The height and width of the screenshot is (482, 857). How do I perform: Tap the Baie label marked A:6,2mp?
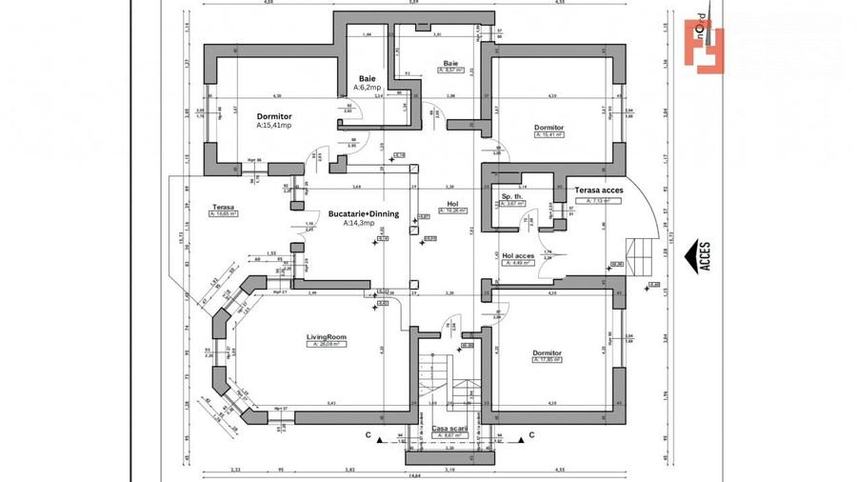pyautogui.click(x=367, y=79)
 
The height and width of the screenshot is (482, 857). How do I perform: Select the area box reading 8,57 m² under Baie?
pyautogui.click(x=450, y=70)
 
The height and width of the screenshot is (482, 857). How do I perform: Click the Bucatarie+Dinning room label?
pyautogui.click(x=364, y=214)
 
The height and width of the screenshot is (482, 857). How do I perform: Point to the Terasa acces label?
pyautogui.click(x=598, y=191)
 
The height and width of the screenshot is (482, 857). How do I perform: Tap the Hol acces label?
pyautogui.click(x=517, y=255)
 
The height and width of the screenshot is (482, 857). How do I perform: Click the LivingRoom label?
pyautogui.click(x=326, y=337)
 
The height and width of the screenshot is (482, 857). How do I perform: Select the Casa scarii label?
pyautogui.click(x=450, y=428)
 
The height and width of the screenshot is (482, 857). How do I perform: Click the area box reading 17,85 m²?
pyautogui.click(x=548, y=360)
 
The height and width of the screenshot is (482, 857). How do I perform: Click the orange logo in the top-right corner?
pyautogui.click(x=704, y=45)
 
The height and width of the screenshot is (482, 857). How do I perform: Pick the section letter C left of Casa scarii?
pyautogui.click(x=368, y=435)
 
